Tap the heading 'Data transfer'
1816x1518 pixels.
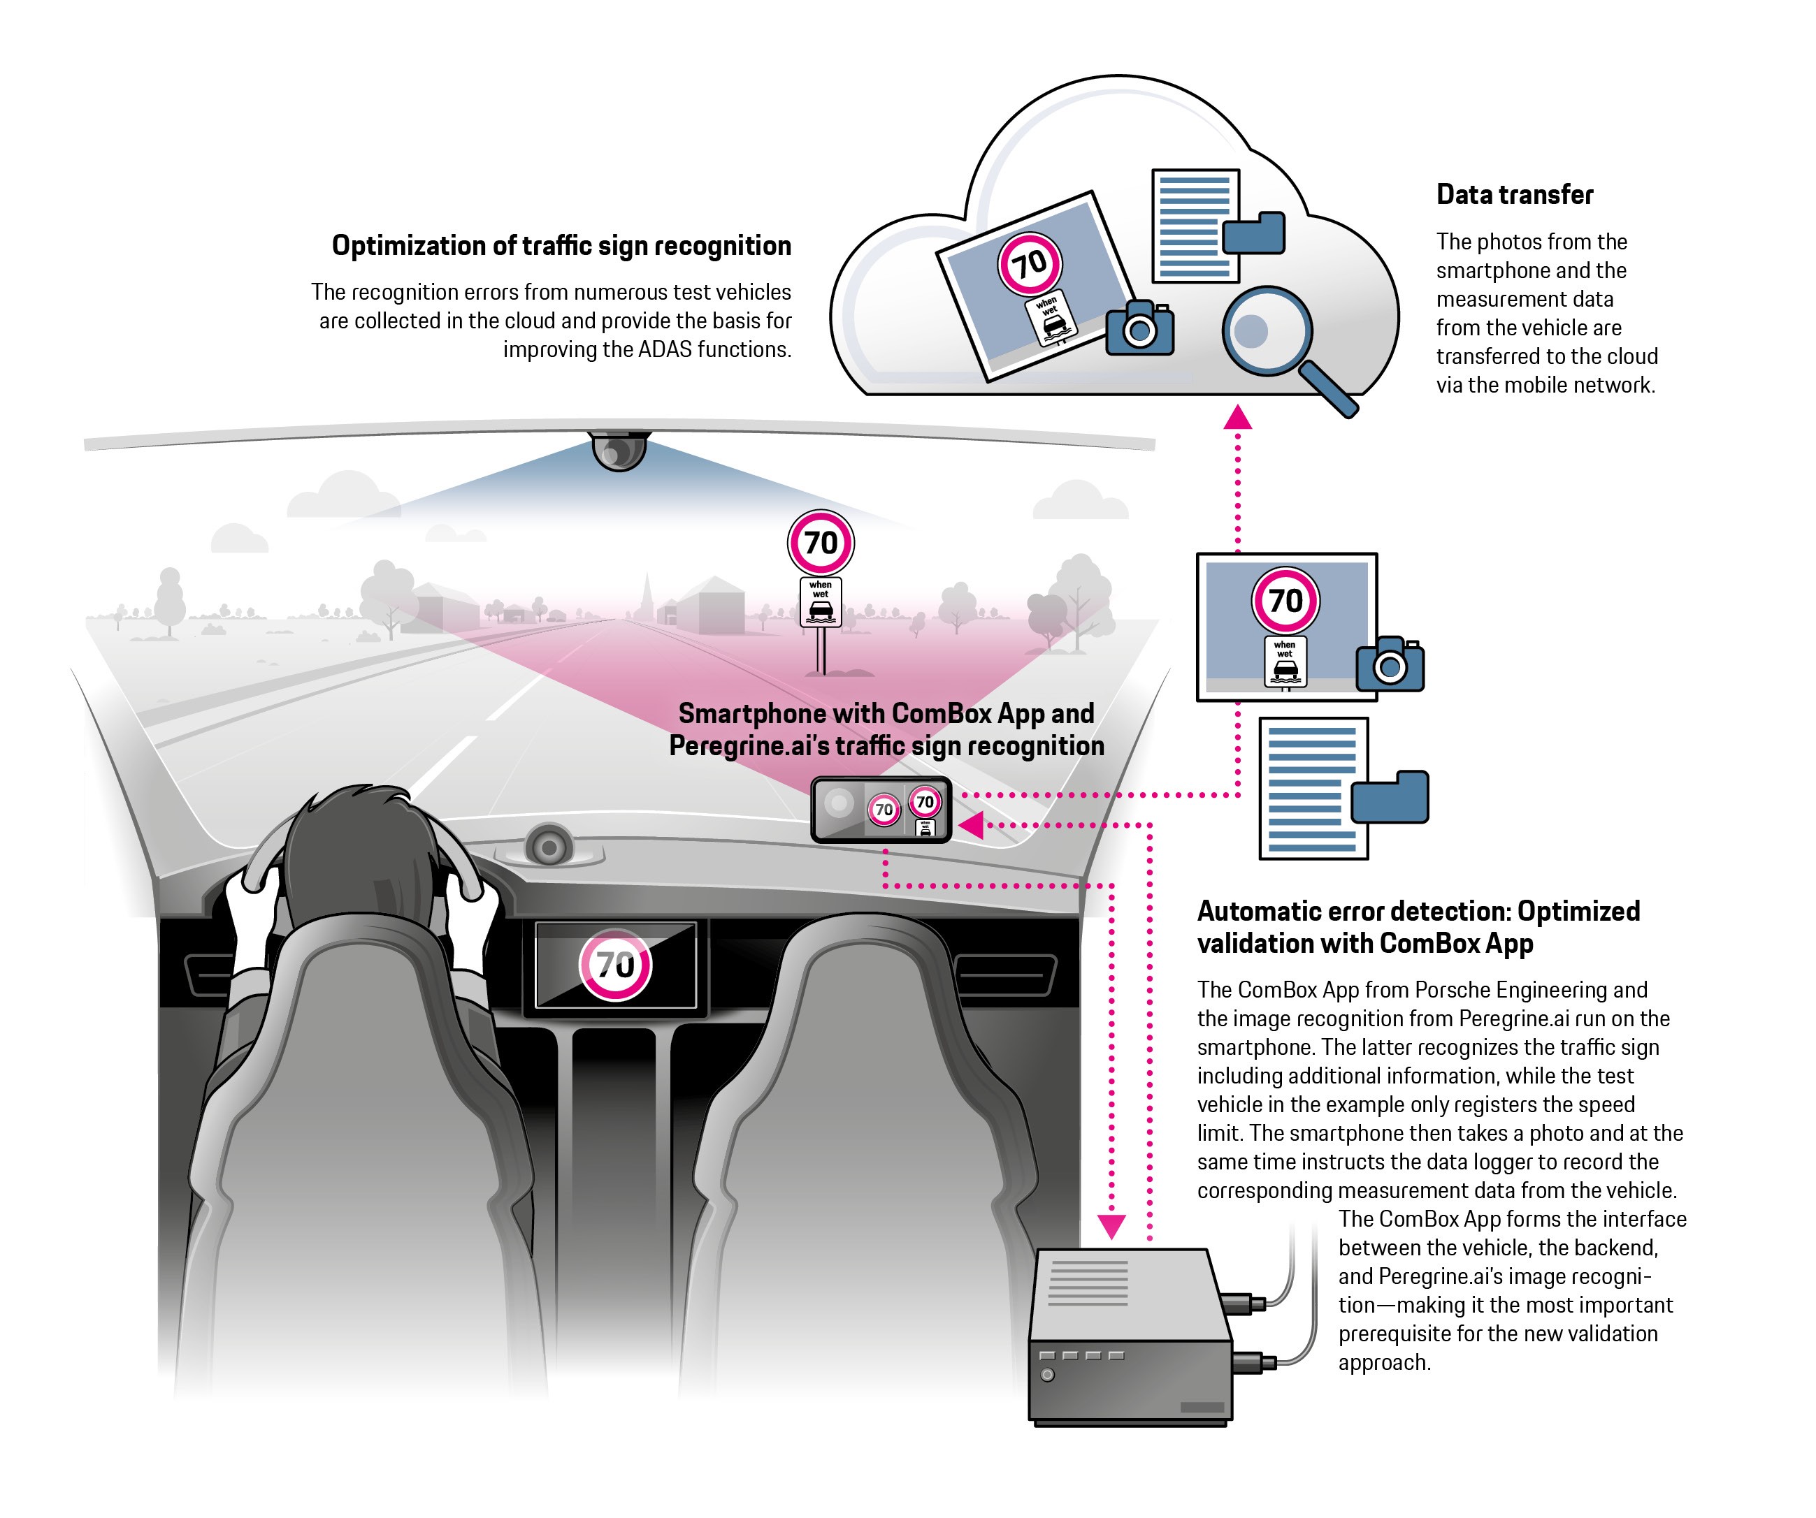(1514, 194)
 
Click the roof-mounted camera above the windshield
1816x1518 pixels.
(619, 451)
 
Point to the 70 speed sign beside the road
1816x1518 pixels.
(821, 543)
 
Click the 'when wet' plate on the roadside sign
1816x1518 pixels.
(821, 601)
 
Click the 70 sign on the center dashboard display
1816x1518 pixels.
(615, 965)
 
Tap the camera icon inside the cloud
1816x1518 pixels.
(1141, 328)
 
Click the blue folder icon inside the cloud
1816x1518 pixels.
(1254, 232)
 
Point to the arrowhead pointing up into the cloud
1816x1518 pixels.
(1237, 418)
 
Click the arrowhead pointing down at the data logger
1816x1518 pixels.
(1111, 1225)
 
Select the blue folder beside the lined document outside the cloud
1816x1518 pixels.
(1390, 797)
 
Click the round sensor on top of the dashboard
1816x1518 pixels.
(548, 846)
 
